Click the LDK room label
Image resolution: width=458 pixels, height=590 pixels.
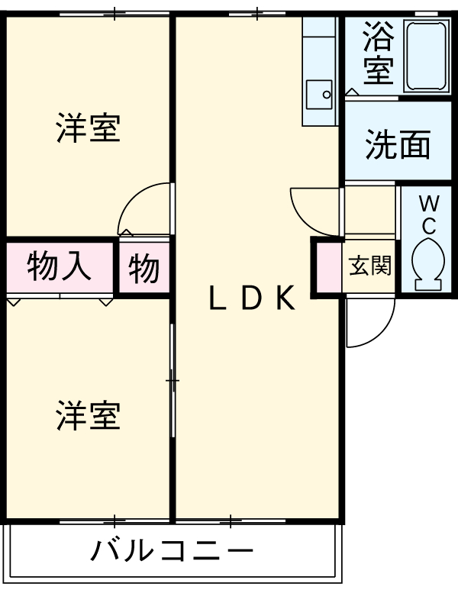pyautogui.click(x=251, y=297)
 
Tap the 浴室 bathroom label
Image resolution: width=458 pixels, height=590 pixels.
pyautogui.click(x=379, y=53)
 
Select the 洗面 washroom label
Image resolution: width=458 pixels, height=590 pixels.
pyautogui.click(x=398, y=144)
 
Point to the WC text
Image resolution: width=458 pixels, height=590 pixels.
pyautogui.click(x=429, y=215)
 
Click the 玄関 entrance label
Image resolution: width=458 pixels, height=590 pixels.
pyautogui.click(x=370, y=266)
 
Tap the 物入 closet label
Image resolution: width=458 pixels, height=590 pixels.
pyautogui.click(x=59, y=267)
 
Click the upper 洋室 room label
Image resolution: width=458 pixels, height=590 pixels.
pyautogui.click(x=89, y=127)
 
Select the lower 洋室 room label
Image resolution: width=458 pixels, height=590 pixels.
pyautogui.click(x=89, y=415)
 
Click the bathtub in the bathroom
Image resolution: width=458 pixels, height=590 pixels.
pyautogui.click(x=427, y=56)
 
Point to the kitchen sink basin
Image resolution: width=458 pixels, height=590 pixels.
pyautogui.click(x=319, y=95)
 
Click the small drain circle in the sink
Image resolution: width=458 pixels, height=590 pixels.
pyautogui.click(x=327, y=95)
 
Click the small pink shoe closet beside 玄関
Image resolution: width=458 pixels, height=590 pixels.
pyautogui.click(x=328, y=267)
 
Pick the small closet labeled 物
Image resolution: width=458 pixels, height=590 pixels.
pyautogui.click(x=144, y=267)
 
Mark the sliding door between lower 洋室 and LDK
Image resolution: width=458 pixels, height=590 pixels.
pyautogui.click(x=173, y=380)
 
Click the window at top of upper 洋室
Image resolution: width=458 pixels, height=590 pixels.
pyautogui.click(x=114, y=15)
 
